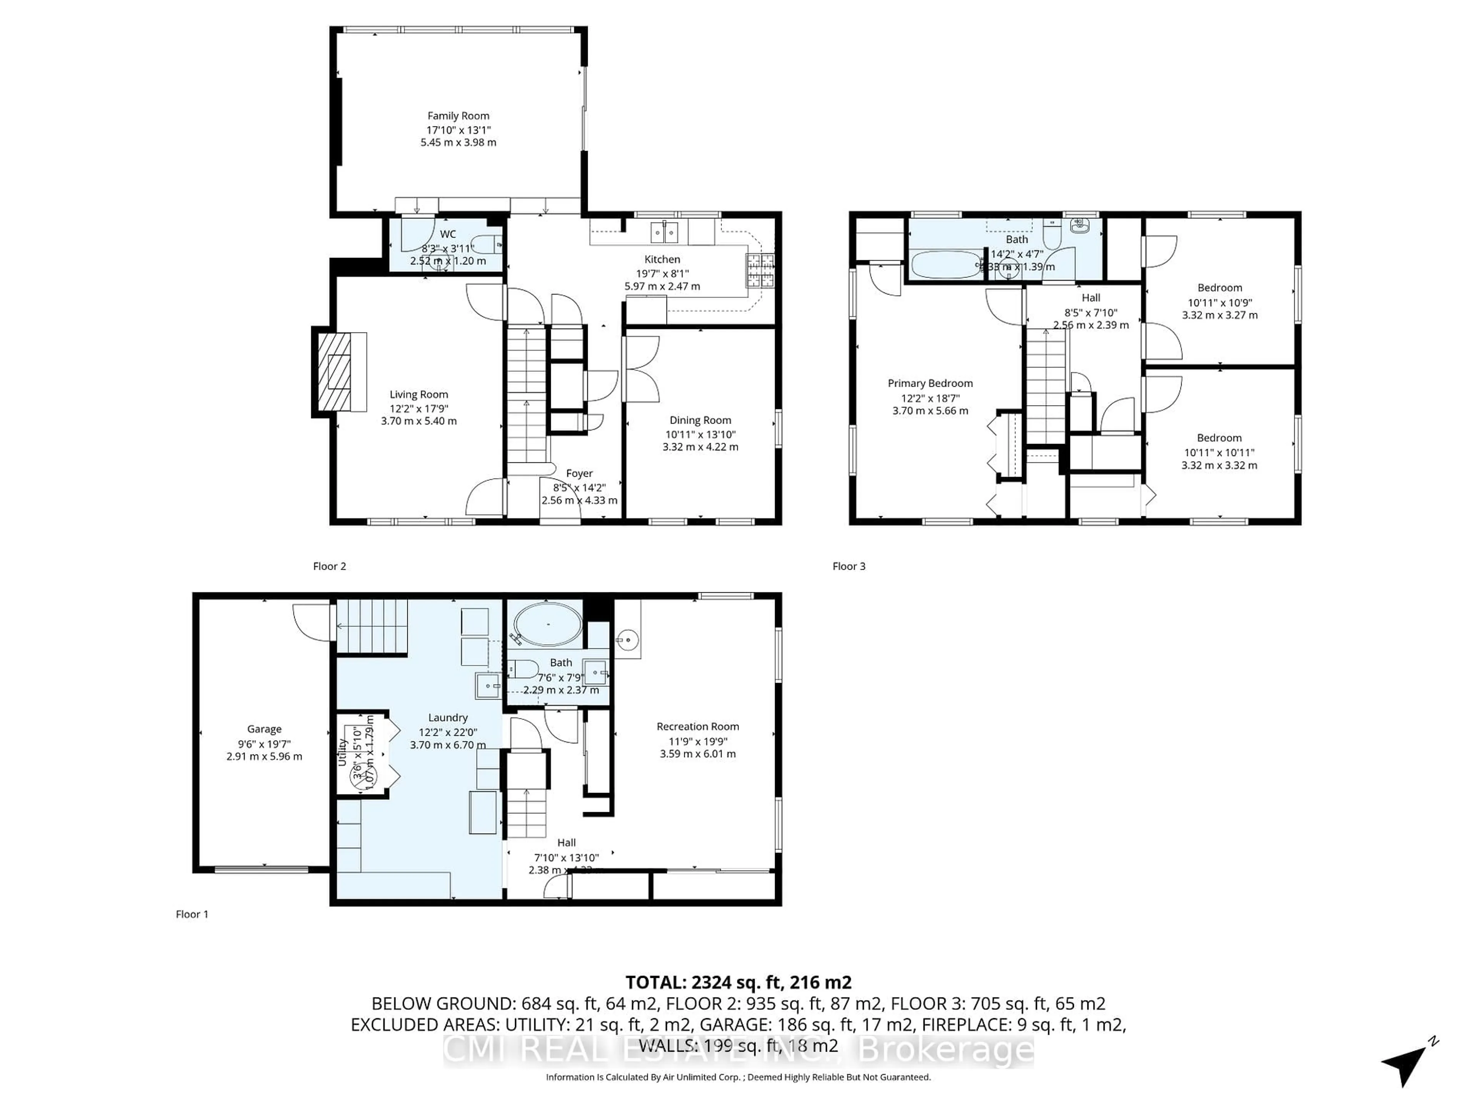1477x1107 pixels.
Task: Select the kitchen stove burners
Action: [x=760, y=271]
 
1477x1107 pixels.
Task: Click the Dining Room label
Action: [x=700, y=421]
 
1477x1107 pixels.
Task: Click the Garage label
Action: [x=264, y=729]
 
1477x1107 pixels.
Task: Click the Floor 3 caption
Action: [x=848, y=567]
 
